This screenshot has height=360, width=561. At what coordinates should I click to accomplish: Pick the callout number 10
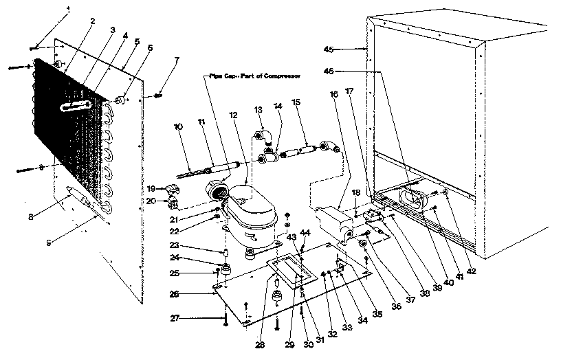pyautogui.click(x=178, y=126)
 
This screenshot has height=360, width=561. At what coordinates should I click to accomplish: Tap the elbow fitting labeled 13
pyautogui.click(x=265, y=134)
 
